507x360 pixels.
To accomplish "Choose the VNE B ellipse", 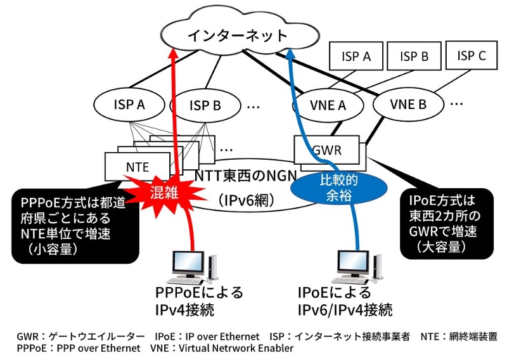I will coord(408,103).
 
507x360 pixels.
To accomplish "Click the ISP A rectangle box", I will coord(357,56).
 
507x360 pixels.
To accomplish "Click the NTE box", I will coord(137,167).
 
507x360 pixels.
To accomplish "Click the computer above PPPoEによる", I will coord(193,267).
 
